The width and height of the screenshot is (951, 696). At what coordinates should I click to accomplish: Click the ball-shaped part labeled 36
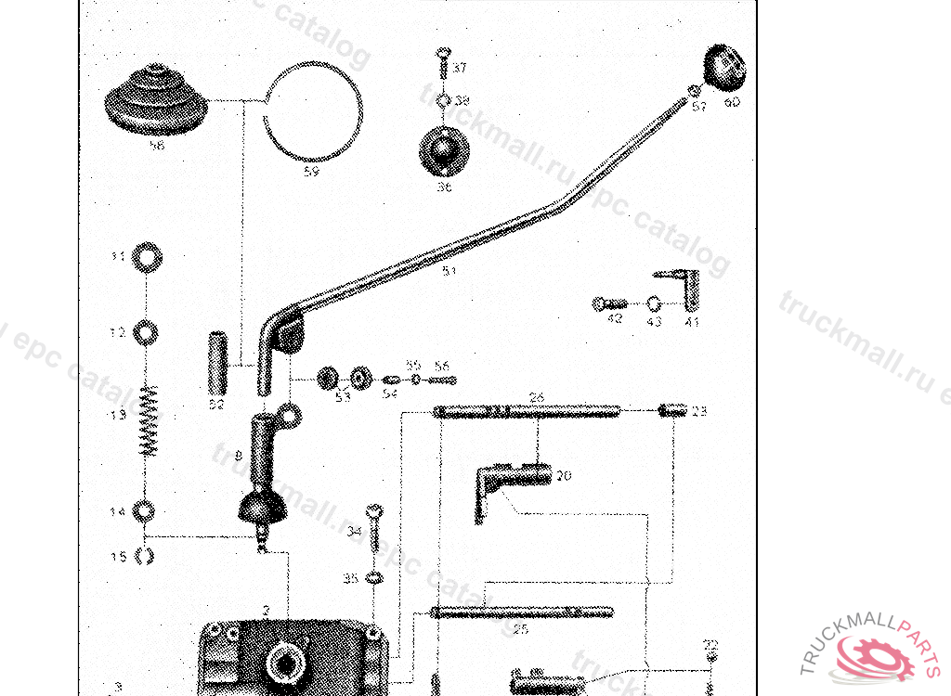[x=445, y=149]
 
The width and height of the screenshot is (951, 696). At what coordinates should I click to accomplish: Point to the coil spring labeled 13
[x=148, y=420]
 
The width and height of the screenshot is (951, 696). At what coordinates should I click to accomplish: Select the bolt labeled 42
[x=610, y=303]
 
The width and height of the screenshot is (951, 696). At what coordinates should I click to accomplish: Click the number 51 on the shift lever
[x=449, y=271]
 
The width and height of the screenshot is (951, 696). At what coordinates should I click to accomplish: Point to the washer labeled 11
[x=146, y=257]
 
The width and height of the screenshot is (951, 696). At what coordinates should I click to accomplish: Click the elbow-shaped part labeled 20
[x=511, y=478]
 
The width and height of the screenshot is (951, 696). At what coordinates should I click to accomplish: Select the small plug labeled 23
[x=672, y=409]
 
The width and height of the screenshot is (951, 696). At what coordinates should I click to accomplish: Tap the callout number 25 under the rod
[x=520, y=629]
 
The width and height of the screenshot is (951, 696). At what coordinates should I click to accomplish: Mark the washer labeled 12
[x=146, y=331]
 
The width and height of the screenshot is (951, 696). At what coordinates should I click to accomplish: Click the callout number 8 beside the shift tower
[x=238, y=456]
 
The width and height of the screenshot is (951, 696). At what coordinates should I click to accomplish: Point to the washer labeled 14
[x=145, y=510]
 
